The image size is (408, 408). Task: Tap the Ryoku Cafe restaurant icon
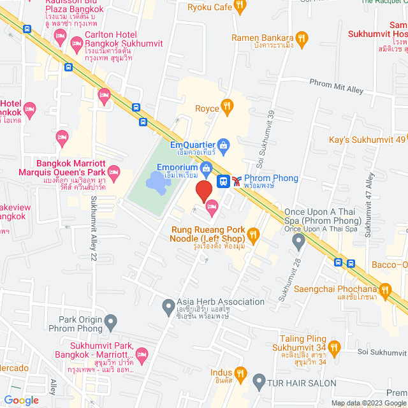pyautogui.click(x=240, y=8)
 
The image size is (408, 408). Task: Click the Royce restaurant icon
pyautogui.click(x=226, y=106)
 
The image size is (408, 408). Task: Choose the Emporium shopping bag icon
pyautogui.click(x=206, y=168)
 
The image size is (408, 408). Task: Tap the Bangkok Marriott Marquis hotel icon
pyautogui.click(x=114, y=171)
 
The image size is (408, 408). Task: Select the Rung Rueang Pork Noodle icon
pyautogui.click(x=253, y=236)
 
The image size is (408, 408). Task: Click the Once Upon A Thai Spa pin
pyautogui.click(x=298, y=241)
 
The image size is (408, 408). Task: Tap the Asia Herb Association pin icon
pyautogui.click(x=168, y=305)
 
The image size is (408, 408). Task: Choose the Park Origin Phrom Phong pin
pyautogui.click(x=111, y=321)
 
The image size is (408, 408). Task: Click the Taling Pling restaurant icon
pyautogui.click(x=335, y=347)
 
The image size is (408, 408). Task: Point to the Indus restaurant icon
pyautogui.click(x=240, y=372)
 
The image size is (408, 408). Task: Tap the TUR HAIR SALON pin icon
pyautogui.click(x=258, y=383)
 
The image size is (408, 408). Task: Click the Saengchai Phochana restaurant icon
pyautogui.click(x=384, y=288)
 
